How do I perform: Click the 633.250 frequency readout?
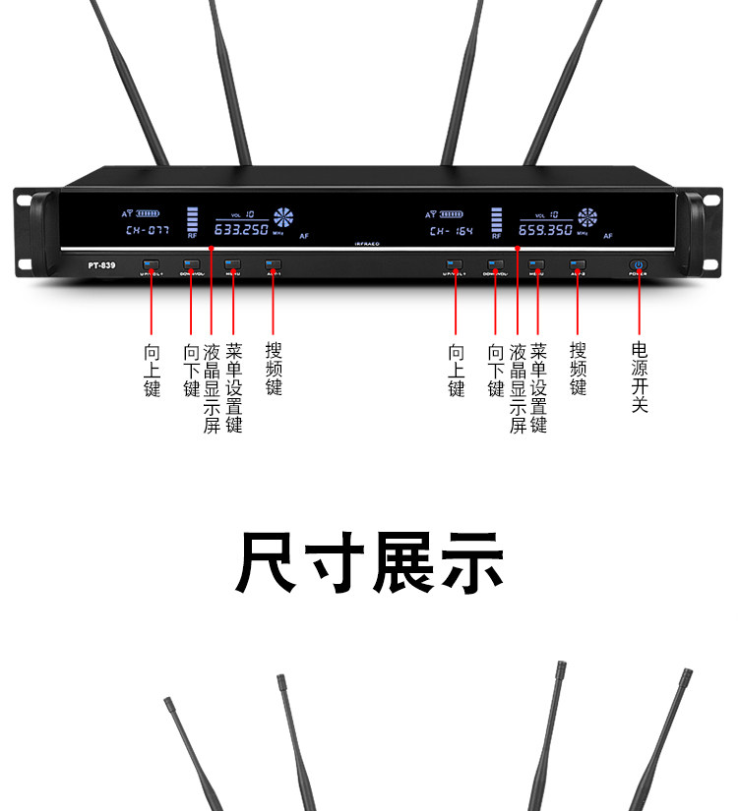(242, 230)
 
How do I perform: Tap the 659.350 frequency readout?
(546, 230)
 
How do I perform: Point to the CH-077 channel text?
(147, 231)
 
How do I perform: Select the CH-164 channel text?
(451, 231)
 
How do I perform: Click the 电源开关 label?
(640, 377)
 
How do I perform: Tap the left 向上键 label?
(152, 370)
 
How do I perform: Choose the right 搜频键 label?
(579, 369)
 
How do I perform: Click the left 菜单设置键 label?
(233, 388)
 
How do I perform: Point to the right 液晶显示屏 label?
(518, 388)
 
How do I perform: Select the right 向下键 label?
(496, 370)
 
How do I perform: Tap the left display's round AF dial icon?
(284, 217)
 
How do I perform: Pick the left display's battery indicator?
(147, 212)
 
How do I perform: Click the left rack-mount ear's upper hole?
(22, 202)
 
